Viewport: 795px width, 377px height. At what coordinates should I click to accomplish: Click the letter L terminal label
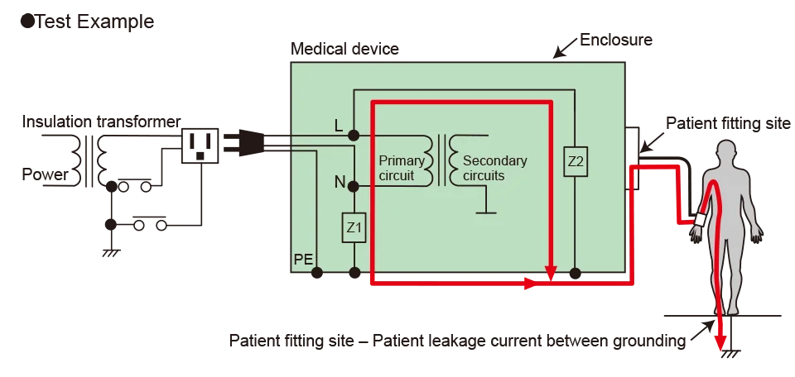[x=338, y=125]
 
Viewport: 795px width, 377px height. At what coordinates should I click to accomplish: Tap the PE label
[x=303, y=260]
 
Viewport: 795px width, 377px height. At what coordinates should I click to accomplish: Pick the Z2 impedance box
[x=576, y=162]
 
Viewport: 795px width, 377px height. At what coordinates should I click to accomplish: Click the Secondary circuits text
[x=495, y=168]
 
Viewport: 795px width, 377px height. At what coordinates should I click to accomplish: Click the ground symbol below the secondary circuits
[x=485, y=212]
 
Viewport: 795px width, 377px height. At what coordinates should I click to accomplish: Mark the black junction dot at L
[x=354, y=134]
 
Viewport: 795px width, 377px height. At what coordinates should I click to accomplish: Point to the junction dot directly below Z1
[x=354, y=271]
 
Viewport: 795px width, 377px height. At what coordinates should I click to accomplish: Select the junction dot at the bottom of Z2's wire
[x=576, y=271]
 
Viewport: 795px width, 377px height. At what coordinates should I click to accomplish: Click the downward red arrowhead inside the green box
[x=549, y=270]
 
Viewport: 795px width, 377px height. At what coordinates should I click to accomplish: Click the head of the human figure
[x=725, y=151]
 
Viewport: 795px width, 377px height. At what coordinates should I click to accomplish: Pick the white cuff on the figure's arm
[x=701, y=221]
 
